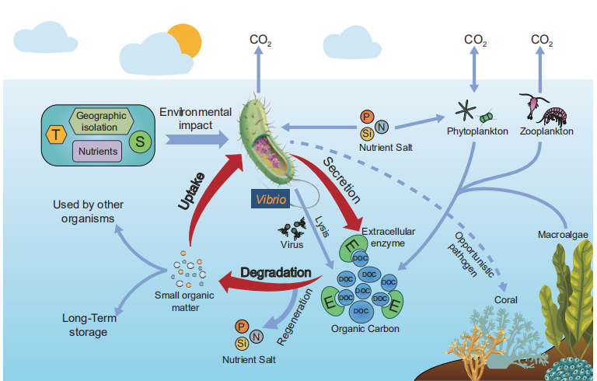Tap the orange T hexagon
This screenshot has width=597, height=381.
point(55,135)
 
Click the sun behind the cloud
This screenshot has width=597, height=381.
point(184,39)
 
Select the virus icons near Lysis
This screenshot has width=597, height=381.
point(289,229)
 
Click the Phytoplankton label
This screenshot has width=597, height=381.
point(477,131)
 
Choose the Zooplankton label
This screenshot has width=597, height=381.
point(547,131)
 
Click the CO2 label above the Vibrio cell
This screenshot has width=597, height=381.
point(260,40)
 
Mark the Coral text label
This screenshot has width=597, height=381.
point(505,299)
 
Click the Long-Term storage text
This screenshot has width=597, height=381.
point(85,325)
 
